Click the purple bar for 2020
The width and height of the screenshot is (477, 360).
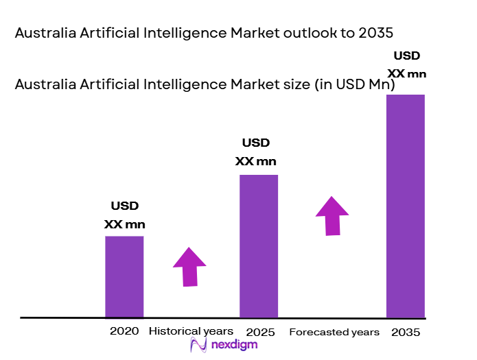124,276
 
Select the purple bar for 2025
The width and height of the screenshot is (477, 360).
259,246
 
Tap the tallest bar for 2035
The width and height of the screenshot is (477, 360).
406,206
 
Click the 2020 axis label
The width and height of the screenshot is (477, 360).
124,331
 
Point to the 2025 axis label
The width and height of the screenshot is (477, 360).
259,333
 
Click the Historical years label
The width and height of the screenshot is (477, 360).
186,331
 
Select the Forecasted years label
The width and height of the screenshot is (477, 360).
334,333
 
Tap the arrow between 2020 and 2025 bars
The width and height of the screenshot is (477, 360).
189,266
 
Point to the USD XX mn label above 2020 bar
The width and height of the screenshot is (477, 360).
125,215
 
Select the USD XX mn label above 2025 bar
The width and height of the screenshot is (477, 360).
256,152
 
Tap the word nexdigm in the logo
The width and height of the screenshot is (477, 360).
235,344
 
